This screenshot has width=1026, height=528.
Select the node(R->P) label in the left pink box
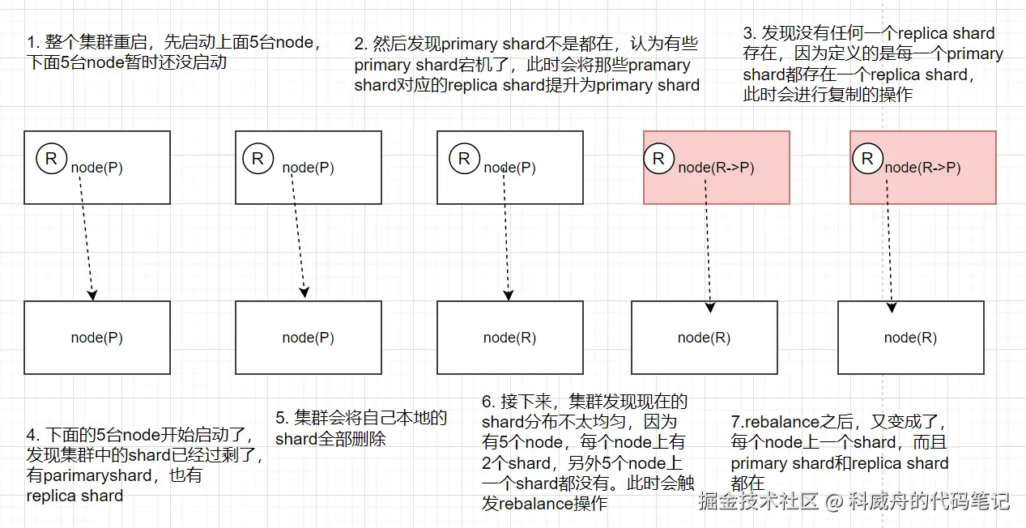716,168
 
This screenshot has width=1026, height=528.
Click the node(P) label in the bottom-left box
97,338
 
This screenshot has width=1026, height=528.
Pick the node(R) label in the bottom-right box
910,338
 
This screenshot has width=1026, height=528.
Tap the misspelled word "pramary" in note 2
659,65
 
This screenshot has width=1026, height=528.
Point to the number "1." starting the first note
34,42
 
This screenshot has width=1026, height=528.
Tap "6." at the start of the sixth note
488,402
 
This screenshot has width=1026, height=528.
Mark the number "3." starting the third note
750,34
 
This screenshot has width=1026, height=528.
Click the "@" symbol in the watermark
834,500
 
